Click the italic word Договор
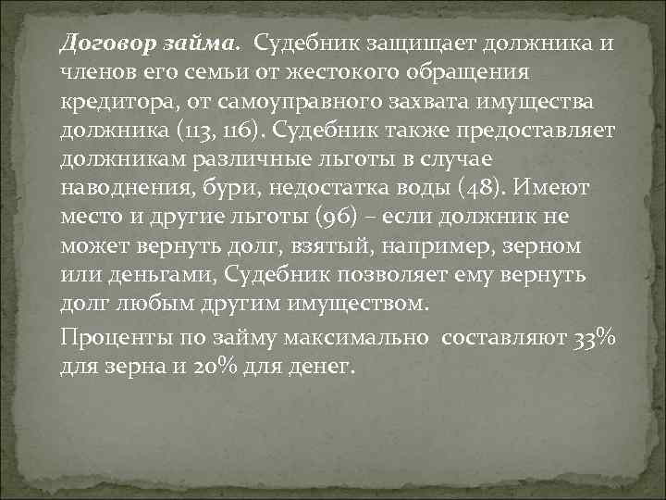pos(99,43)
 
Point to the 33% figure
pos(592,339)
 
